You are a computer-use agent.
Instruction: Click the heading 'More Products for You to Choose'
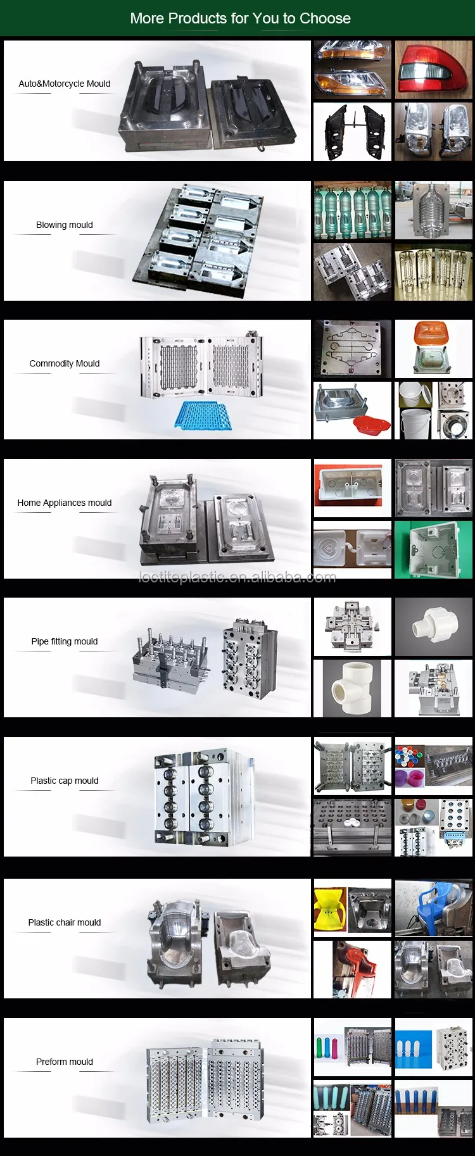(240, 18)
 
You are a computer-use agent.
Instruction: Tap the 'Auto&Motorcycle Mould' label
(65, 84)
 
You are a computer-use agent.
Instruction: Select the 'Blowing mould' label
(65, 225)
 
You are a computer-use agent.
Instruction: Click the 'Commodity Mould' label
(65, 363)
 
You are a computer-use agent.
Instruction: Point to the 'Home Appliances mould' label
(65, 503)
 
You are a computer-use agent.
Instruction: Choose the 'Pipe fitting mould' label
(65, 641)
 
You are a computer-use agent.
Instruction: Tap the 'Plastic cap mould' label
(65, 781)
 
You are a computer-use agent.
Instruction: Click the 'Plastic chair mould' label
(65, 922)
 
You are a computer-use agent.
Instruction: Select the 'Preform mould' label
(65, 1062)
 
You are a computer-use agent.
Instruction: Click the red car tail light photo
(434, 70)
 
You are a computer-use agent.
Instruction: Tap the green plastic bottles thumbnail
(353, 211)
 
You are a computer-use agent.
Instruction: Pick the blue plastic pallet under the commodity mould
(203, 415)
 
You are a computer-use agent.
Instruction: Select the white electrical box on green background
(434, 550)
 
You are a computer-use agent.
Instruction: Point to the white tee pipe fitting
(353, 688)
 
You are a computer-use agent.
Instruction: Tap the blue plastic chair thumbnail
(434, 907)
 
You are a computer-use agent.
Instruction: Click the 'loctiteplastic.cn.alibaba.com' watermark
(237, 577)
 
